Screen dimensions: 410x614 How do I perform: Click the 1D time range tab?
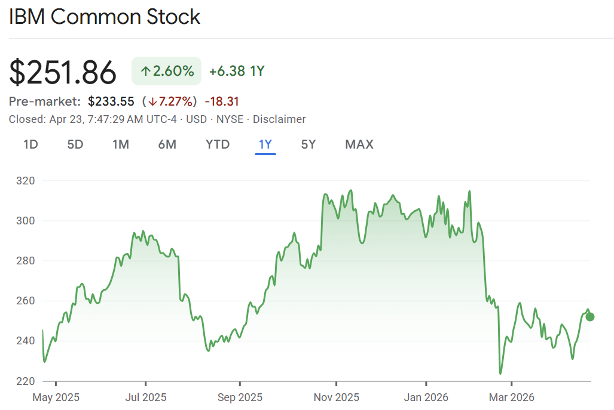(x=30, y=144)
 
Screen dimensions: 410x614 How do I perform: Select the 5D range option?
(x=75, y=144)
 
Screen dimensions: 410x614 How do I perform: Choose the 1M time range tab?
(x=121, y=144)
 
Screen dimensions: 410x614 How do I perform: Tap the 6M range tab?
(x=167, y=144)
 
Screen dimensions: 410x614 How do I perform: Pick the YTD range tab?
(x=218, y=144)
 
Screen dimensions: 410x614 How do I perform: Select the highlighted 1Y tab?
(x=265, y=144)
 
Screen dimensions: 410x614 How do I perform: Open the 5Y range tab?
(x=308, y=144)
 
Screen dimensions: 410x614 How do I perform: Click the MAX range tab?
(x=359, y=144)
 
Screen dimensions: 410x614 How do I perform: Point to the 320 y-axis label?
(x=26, y=181)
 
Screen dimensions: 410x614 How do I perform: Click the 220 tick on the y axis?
(x=26, y=381)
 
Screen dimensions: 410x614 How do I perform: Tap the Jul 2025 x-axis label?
(x=146, y=397)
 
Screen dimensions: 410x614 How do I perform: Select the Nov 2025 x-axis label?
(x=337, y=397)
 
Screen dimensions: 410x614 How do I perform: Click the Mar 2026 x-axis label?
(x=512, y=397)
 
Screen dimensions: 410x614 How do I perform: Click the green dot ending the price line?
(x=590, y=317)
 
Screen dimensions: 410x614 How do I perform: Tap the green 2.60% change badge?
(x=167, y=72)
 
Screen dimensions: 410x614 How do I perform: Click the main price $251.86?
(x=63, y=73)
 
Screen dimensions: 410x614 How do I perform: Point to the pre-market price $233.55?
(x=111, y=101)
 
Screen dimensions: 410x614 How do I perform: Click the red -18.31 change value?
(x=222, y=101)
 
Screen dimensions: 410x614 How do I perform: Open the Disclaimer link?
(x=279, y=119)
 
